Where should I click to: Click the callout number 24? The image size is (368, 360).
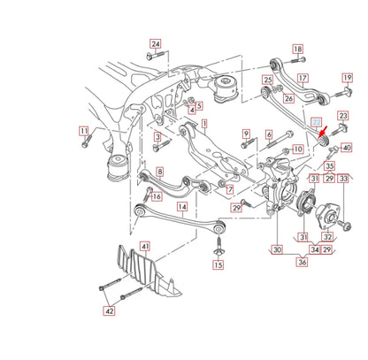(156, 43)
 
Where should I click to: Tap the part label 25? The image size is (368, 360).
(267, 80)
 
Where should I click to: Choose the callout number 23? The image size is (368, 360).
(344, 116)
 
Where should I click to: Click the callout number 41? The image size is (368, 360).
(145, 245)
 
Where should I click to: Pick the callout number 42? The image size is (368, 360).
(109, 310)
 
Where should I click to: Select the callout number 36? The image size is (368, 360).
(303, 263)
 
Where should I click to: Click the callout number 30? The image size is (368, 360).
(279, 250)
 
